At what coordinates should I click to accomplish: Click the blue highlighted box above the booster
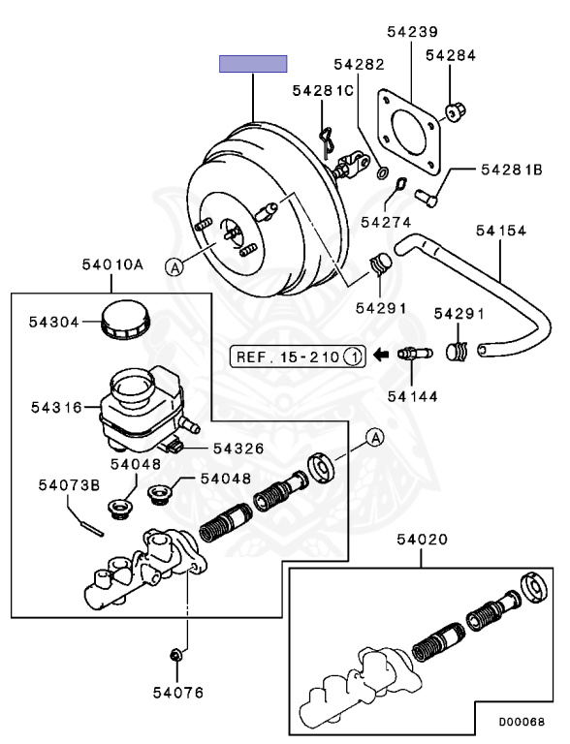click(x=253, y=64)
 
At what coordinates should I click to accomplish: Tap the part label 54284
click(x=450, y=55)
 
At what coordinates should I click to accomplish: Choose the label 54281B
click(x=511, y=170)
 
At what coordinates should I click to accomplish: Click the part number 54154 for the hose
click(x=501, y=231)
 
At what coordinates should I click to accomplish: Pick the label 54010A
click(x=112, y=263)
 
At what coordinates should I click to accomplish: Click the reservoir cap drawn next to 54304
click(x=122, y=320)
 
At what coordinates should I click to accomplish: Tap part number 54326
click(x=238, y=448)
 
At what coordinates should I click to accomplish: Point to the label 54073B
click(x=69, y=484)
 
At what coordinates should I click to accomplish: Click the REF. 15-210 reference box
click(x=297, y=356)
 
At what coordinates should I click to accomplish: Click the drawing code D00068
click(x=522, y=722)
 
